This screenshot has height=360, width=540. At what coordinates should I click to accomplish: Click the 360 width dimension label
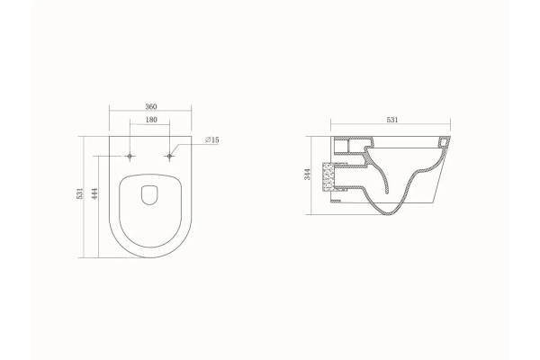(x=151, y=106)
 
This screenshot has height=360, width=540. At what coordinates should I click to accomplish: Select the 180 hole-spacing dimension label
(x=151, y=120)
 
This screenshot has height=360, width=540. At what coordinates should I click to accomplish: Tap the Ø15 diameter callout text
(x=211, y=139)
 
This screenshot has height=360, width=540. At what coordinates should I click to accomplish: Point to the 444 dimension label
(x=95, y=193)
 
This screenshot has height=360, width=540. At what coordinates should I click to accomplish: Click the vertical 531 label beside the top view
(x=79, y=193)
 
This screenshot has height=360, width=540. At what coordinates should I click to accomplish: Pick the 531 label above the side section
(x=392, y=120)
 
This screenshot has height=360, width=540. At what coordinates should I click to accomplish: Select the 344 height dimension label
(x=307, y=174)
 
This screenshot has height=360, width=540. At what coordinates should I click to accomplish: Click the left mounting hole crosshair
(x=130, y=157)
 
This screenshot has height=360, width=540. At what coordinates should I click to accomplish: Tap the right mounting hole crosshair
(x=169, y=157)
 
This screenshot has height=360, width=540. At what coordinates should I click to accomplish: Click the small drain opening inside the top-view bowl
(x=149, y=195)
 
